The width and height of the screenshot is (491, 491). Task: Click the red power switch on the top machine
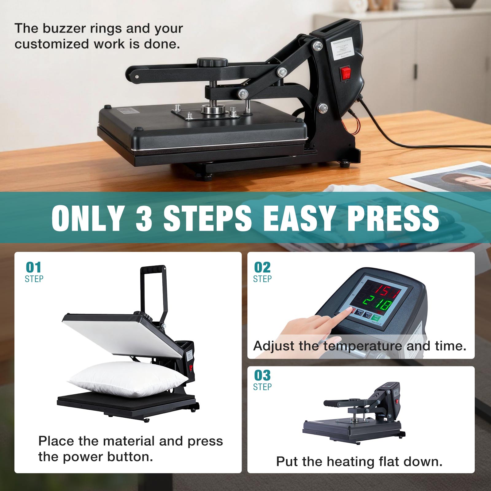346,73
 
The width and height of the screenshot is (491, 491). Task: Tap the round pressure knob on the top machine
212,62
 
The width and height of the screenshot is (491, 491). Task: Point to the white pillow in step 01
127,379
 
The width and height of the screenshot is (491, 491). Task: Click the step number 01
33,268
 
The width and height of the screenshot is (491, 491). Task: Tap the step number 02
262,268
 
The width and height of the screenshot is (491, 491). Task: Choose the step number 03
262,375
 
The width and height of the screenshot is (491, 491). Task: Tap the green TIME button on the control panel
376,318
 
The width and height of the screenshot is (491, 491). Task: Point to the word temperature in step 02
363,346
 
